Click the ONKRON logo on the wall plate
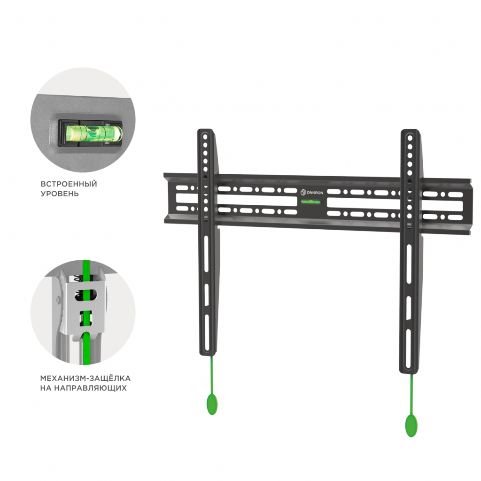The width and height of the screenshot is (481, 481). click(x=312, y=192)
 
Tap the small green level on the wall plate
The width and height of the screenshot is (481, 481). click(x=310, y=202)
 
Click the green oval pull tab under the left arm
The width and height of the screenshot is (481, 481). click(x=212, y=404)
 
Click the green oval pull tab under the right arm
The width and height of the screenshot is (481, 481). click(x=411, y=425)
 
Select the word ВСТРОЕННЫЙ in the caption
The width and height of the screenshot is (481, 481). click(x=69, y=184)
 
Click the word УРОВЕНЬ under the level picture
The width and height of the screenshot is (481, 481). click(x=60, y=194)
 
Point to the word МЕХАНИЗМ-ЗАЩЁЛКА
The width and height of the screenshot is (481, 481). click(x=85, y=378)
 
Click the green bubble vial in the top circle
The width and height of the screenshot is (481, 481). click(x=94, y=133)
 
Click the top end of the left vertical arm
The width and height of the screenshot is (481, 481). click(x=205, y=131)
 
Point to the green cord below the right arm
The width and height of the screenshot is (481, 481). click(x=411, y=394)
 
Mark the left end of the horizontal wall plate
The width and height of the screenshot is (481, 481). click(x=165, y=198)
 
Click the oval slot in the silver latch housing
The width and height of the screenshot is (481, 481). click(x=86, y=295)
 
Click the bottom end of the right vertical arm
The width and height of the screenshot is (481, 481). click(x=409, y=372)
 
